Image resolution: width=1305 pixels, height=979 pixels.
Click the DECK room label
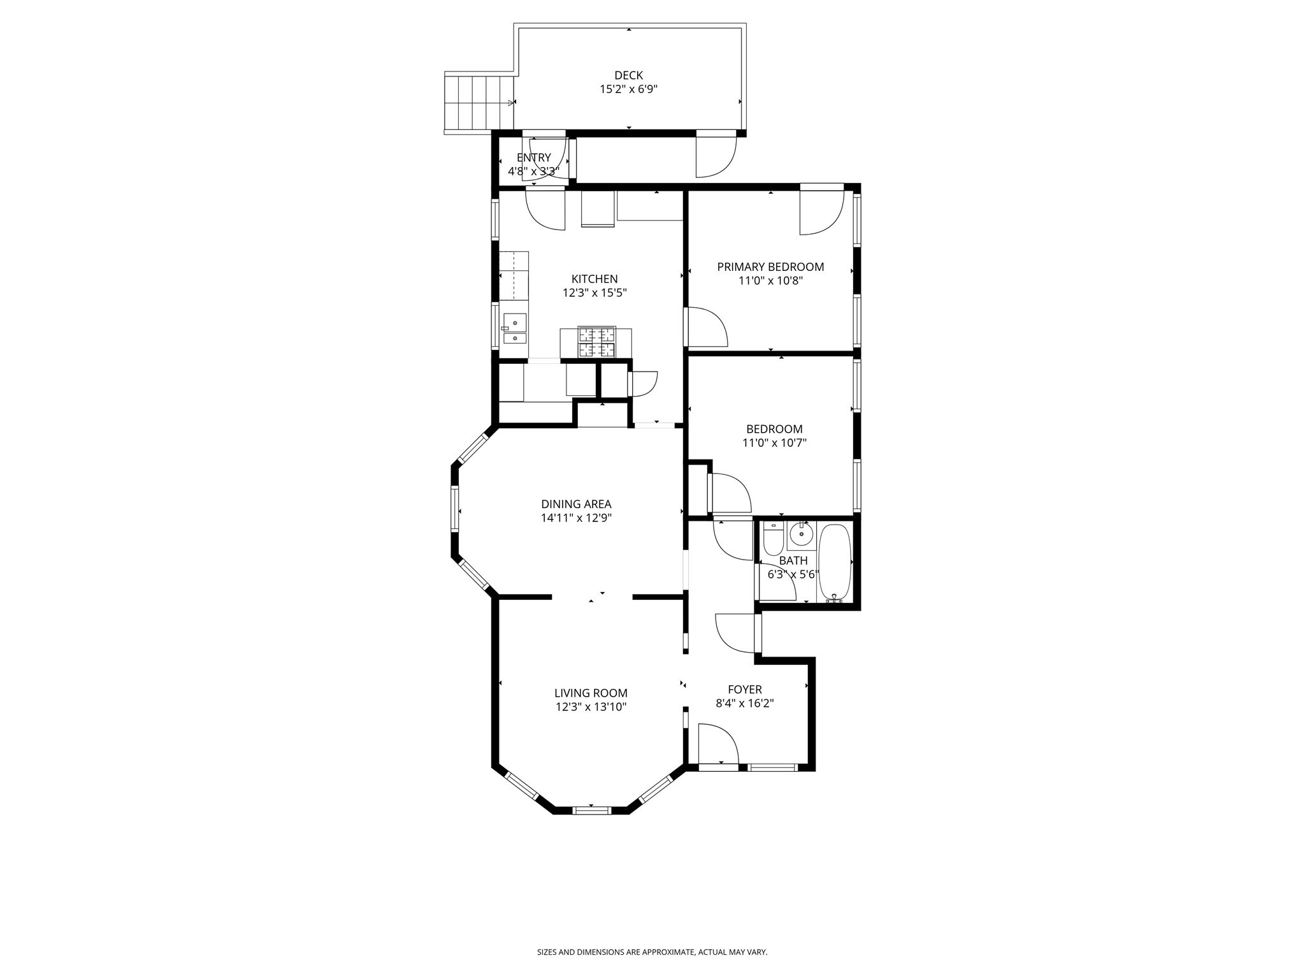(628, 75)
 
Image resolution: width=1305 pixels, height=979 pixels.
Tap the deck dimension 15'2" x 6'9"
(628, 89)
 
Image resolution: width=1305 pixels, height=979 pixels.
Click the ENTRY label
(534, 158)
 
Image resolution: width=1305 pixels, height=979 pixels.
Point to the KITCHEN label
(594, 279)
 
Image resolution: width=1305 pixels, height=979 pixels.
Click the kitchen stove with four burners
(597, 342)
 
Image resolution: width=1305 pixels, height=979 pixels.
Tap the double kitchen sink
(514, 328)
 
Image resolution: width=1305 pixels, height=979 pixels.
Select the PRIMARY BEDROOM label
(770, 267)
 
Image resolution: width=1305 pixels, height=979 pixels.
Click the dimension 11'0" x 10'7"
(774, 443)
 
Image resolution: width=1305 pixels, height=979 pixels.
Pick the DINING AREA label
(576, 504)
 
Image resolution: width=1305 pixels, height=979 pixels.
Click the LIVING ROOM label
(591, 693)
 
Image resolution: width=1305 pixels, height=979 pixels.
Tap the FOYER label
(744, 690)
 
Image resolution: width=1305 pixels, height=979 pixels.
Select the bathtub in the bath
(833, 562)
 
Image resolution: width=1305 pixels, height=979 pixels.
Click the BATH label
(793, 561)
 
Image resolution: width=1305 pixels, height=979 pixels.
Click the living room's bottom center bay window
(591, 811)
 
